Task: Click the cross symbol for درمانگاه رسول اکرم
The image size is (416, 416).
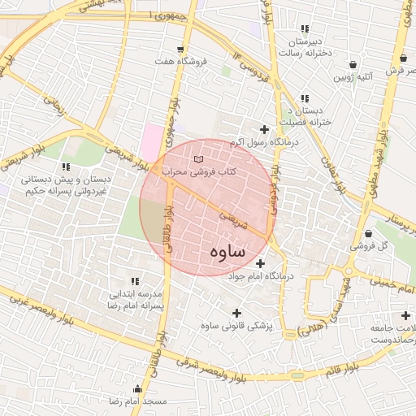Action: click(264, 129)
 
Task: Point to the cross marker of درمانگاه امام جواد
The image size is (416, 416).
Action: click(260, 263)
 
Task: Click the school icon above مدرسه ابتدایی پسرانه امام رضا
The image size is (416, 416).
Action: click(135, 280)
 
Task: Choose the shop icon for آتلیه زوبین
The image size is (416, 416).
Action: click(353, 64)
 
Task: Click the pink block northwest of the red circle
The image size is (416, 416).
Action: click(151, 142)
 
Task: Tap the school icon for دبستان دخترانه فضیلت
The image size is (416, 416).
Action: click(305, 97)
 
